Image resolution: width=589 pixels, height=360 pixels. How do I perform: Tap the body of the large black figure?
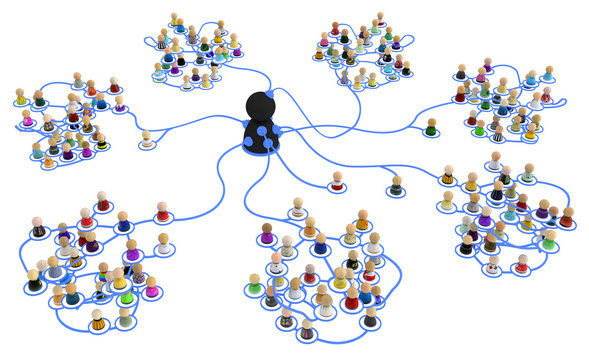263,140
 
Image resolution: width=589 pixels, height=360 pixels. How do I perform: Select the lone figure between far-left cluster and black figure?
148,139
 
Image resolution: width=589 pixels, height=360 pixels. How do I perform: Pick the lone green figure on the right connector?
431,128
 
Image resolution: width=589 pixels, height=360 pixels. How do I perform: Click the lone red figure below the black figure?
338,181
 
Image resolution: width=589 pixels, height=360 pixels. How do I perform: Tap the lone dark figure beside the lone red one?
396,185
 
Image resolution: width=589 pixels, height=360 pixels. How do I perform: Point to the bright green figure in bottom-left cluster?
126,296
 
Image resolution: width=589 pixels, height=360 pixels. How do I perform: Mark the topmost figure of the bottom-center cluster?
298,208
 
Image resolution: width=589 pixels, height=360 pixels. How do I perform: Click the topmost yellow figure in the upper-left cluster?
176,20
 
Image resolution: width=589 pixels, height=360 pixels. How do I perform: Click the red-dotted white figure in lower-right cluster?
492,265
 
